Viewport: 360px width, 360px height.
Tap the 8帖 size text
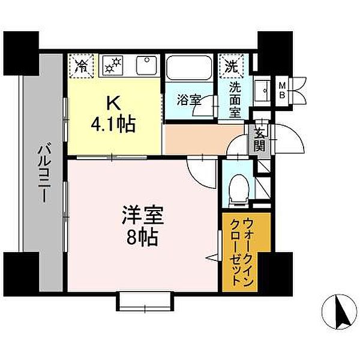click(142, 238)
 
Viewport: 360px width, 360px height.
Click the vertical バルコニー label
click(43, 173)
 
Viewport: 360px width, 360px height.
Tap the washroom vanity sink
click(262, 89)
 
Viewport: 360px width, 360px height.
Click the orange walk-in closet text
click(239, 252)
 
